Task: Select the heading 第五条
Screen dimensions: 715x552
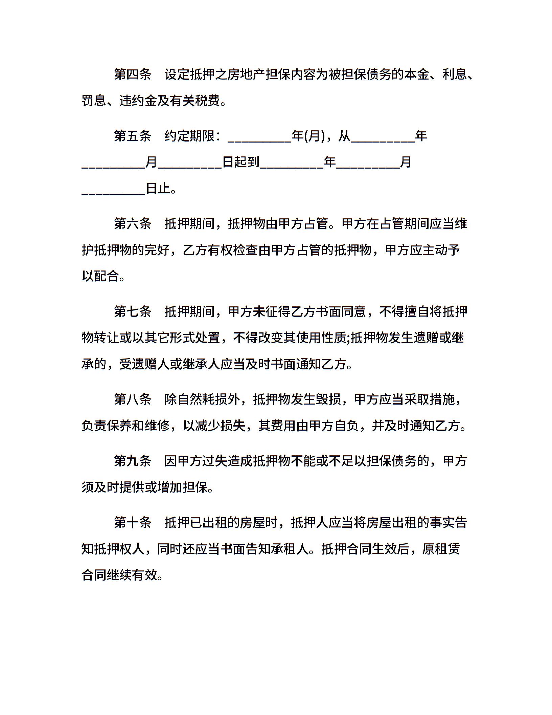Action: [133, 136]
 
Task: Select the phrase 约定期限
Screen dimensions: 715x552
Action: [189, 136]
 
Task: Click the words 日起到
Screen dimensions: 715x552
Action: [241, 162]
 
